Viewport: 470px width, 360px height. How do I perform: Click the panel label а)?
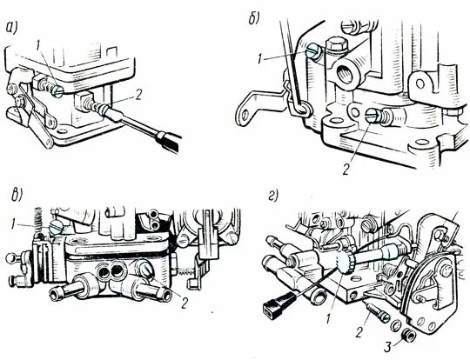12,28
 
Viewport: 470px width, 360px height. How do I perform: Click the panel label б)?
254,19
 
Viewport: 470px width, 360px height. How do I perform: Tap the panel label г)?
272,197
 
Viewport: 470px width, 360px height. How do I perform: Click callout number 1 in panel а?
37,46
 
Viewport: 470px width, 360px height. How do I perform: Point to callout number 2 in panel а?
138,96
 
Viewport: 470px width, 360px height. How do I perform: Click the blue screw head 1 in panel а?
57,91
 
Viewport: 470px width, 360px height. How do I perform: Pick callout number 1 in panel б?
261,59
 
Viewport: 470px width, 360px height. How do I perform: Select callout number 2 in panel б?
346,170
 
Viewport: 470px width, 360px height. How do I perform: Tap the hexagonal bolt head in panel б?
337,44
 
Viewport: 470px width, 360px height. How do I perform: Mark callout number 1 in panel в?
12,224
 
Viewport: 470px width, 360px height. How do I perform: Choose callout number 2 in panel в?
185,303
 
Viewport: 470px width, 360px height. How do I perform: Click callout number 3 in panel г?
388,348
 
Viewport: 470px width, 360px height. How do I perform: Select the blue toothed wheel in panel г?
345,262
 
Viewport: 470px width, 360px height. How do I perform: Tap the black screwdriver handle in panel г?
275,301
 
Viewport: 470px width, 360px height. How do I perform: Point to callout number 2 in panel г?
359,332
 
